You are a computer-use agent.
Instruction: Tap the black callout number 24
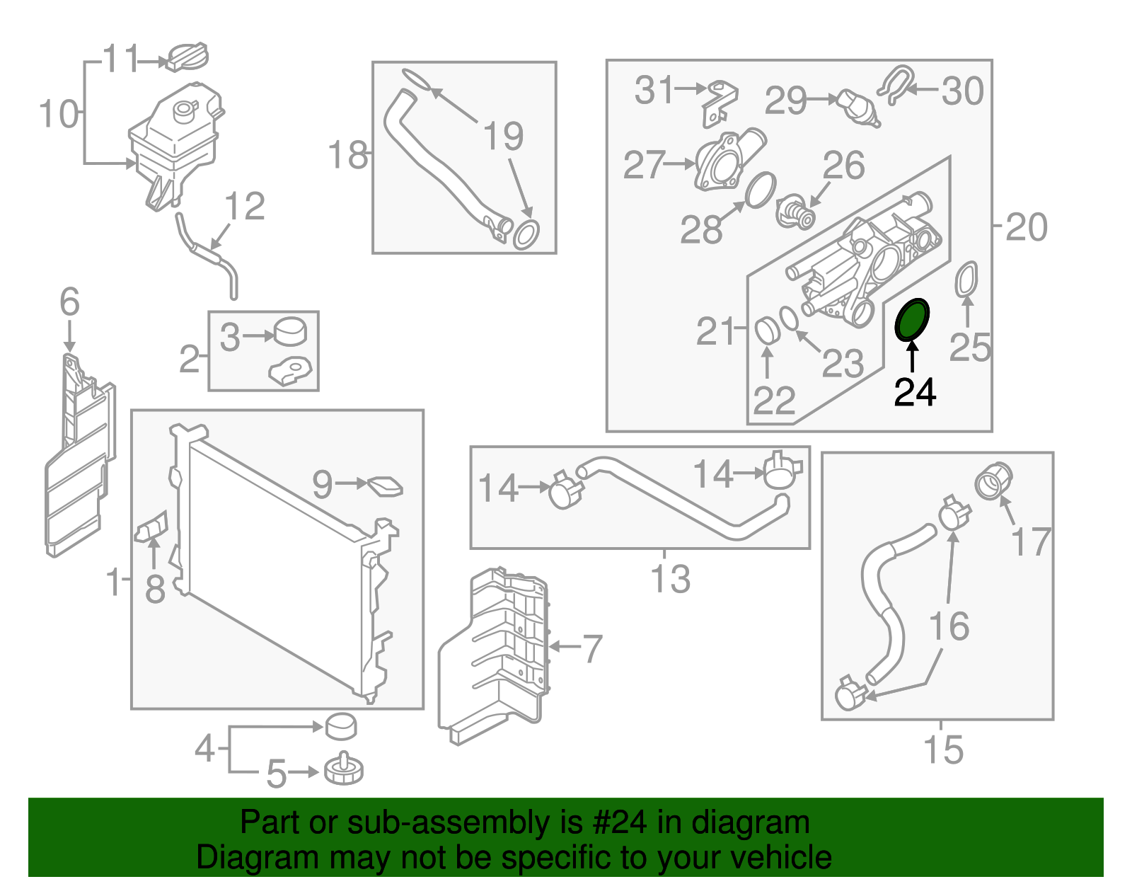point(915,393)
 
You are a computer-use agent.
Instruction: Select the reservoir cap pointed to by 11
point(187,57)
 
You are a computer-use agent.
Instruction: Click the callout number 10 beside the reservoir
point(59,114)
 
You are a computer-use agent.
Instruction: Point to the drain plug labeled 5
point(344,769)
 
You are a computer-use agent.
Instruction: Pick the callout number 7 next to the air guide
point(591,648)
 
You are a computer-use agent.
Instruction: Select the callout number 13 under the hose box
point(669,579)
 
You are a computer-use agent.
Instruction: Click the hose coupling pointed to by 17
point(993,481)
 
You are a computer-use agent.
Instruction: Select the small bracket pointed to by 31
point(720,102)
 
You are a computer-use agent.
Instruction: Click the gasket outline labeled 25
point(966,280)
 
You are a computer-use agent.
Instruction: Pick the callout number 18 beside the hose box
point(348,155)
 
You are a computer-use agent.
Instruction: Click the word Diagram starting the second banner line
point(240,857)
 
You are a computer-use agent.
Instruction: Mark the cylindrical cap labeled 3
point(291,331)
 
